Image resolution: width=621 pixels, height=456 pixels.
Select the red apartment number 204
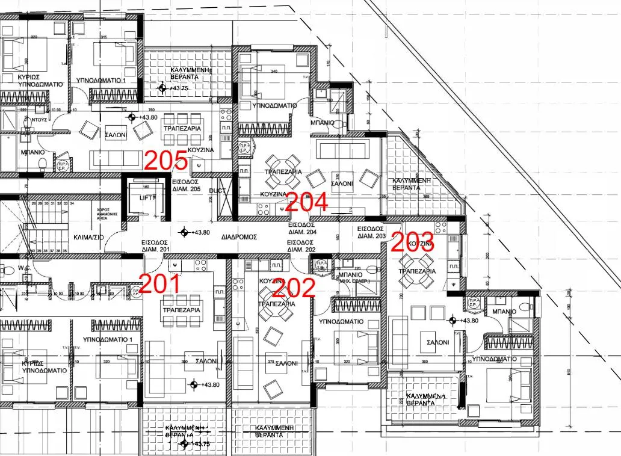click(306, 202)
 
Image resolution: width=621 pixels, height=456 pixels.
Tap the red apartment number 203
click(413, 241)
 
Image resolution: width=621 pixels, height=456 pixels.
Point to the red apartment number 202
click(293, 288)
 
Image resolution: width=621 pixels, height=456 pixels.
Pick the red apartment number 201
click(160, 283)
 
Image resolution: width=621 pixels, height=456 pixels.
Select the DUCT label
click(217, 191)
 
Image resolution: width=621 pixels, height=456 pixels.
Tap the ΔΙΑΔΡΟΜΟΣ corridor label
click(239, 237)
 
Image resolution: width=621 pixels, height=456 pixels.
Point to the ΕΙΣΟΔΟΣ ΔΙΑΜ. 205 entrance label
click(186, 185)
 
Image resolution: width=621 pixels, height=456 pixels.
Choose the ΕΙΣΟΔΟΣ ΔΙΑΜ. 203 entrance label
click(371, 233)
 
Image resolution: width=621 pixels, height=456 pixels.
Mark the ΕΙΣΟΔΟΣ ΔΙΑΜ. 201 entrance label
click(155, 245)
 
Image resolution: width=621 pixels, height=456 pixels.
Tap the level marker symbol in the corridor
click(184, 232)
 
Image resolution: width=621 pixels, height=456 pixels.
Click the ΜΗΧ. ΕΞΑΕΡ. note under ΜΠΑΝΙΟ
click(354, 281)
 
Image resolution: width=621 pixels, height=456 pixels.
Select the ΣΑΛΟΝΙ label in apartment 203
click(437, 342)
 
